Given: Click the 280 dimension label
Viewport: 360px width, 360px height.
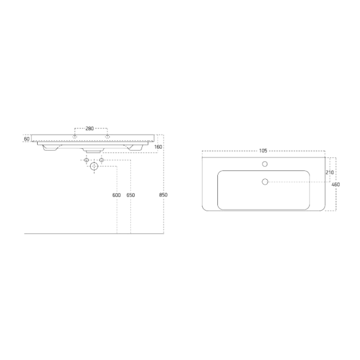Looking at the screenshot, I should (89, 128).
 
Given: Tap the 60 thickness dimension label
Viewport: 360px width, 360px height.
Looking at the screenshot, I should (27, 139).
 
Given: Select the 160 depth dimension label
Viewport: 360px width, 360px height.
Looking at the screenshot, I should (158, 147).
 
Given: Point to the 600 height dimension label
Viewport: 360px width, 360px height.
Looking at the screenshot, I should (116, 195).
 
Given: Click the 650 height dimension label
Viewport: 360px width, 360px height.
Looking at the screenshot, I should (130, 195).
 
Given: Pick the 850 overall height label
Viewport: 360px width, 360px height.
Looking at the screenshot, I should (163, 195).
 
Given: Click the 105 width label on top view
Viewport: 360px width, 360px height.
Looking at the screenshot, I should (262, 150).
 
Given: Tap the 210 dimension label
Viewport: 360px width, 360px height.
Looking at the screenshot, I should (329, 172).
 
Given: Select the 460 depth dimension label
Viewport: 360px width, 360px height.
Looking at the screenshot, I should (335, 185).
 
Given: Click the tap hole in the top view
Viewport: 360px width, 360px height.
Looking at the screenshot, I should (265, 164).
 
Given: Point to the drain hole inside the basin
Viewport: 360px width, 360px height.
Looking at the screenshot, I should (265, 182).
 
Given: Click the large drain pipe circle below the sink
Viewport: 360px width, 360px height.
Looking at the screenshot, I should (94, 166).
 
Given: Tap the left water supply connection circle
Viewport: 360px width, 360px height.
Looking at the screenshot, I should (86, 161).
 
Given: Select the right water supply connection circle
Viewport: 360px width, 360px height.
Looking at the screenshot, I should (102, 161).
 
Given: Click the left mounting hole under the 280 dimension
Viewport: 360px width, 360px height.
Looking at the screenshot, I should (75, 136).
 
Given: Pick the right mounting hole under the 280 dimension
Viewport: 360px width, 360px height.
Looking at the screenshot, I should (107, 136).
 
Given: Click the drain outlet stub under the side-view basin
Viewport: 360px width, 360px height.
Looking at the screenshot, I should (93, 150).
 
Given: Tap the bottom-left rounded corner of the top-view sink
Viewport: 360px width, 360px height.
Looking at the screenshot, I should (204, 208).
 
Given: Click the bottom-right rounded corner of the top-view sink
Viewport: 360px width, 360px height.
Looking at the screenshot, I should (322, 208).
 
